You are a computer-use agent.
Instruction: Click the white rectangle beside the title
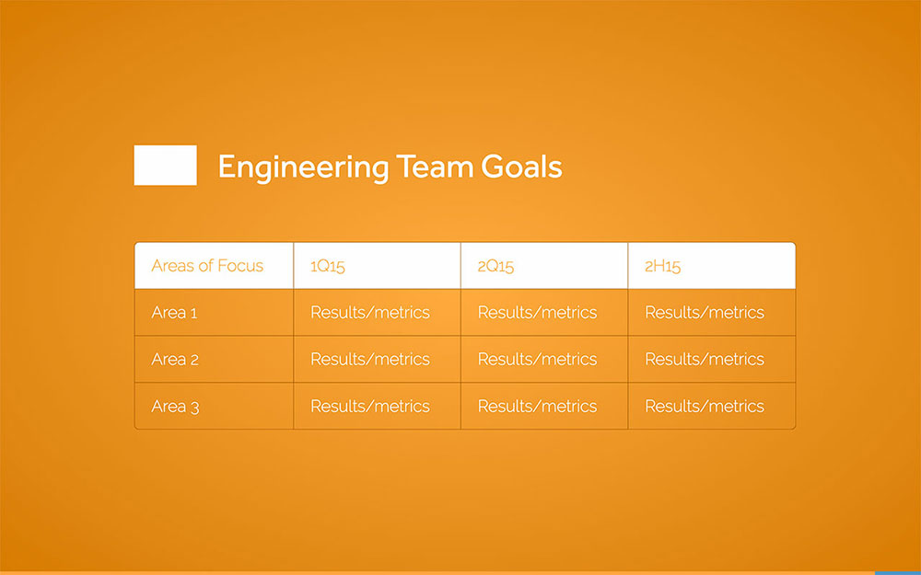(165, 166)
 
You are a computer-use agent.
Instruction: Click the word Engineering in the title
(303, 167)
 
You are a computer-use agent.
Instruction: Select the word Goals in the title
(521, 167)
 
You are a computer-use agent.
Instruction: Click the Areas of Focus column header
(207, 266)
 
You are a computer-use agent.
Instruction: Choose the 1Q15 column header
(328, 267)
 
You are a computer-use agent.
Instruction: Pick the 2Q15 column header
(495, 267)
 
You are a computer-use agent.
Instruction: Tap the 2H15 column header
(662, 267)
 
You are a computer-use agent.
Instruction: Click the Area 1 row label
(174, 313)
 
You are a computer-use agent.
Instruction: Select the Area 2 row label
(175, 360)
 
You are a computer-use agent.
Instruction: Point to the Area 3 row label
(175, 407)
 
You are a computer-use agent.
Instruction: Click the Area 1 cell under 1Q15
(370, 313)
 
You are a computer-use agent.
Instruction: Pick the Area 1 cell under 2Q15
(537, 313)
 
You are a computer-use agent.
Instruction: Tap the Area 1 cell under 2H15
(705, 313)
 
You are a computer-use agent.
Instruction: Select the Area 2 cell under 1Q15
(370, 360)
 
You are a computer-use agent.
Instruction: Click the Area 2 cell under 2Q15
(537, 360)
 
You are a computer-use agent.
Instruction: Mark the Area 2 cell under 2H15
(705, 360)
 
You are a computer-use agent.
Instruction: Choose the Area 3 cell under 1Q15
(370, 407)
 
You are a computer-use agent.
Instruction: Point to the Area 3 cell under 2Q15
(537, 407)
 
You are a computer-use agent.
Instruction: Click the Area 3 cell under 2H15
(705, 407)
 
